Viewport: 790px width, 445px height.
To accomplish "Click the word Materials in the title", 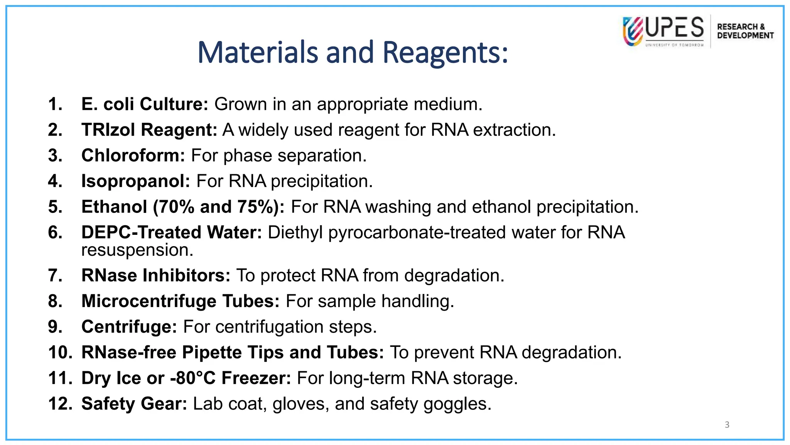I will click(x=258, y=53).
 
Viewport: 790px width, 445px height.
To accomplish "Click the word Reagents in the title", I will click(x=445, y=53).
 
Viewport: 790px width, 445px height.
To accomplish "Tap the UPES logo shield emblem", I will click(x=633, y=31).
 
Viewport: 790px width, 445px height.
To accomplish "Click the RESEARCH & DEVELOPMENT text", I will click(x=745, y=31).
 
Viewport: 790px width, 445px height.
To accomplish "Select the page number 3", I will click(x=727, y=425).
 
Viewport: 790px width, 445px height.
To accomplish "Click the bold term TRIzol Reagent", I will click(x=149, y=130).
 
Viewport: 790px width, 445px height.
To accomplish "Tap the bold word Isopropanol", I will click(x=135, y=181).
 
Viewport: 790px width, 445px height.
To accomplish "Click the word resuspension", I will click(x=137, y=250).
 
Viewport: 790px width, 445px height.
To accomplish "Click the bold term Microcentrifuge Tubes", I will click(x=180, y=301).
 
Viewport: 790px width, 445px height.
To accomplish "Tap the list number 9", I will click(x=55, y=327).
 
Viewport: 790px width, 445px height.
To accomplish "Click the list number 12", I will click(x=60, y=404).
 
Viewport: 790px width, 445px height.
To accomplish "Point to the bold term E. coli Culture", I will click(x=145, y=104).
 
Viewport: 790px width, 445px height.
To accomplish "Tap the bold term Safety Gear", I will click(x=134, y=404).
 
